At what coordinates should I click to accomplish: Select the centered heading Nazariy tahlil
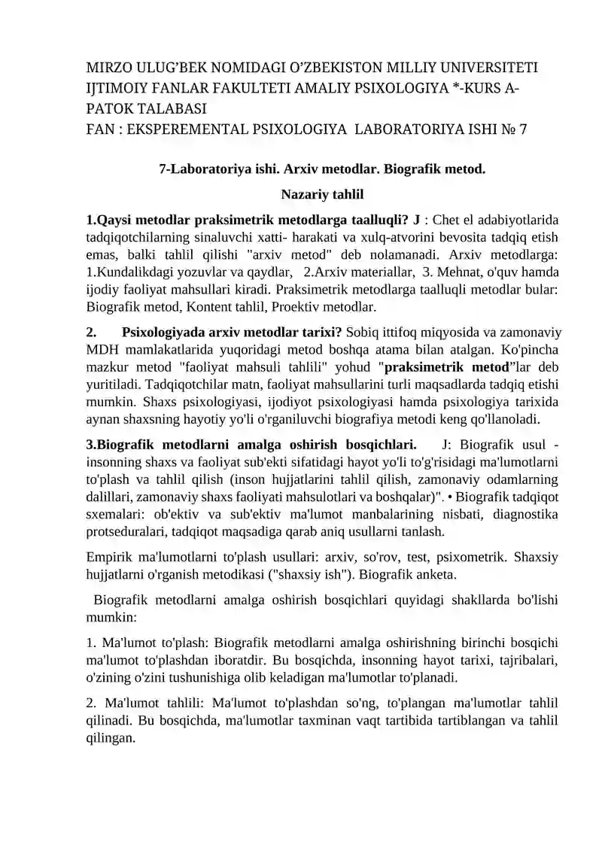pyautogui.click(x=322, y=195)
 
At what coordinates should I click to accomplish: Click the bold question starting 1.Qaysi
pyautogui.click(x=253, y=220)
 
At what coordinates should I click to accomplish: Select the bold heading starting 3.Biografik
pyautogui.click(x=251, y=445)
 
